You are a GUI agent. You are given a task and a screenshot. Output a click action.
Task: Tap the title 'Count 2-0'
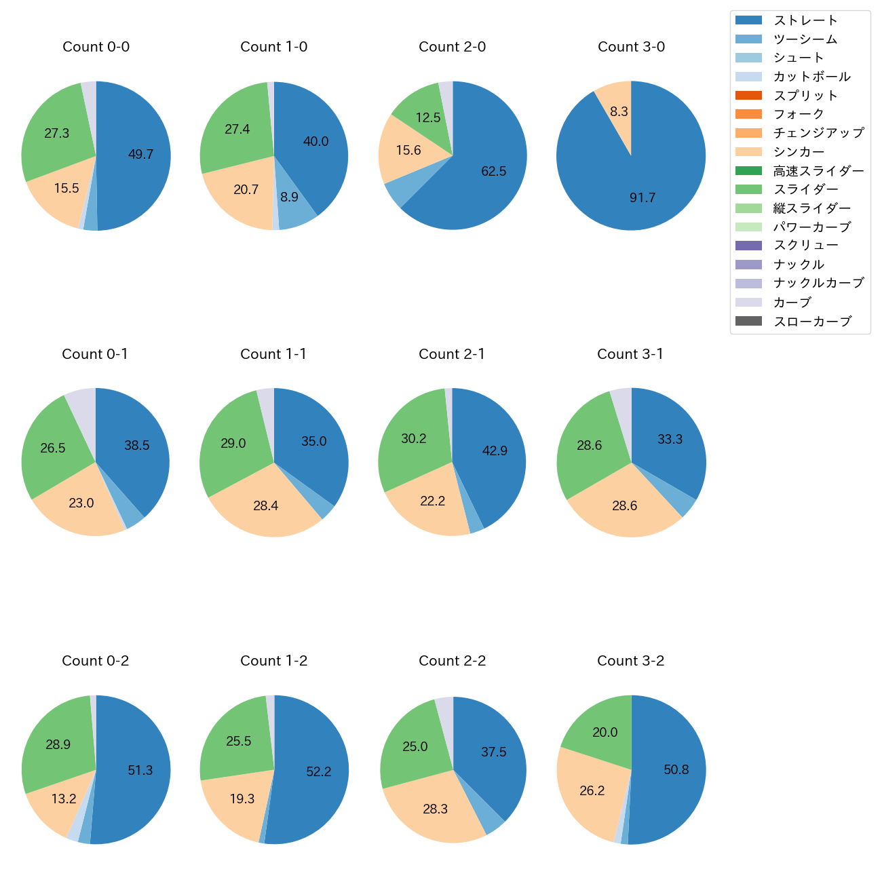coord(453,47)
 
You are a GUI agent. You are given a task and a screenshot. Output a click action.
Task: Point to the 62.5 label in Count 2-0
coord(494,172)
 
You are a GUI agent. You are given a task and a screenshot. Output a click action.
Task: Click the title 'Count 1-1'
coord(273,354)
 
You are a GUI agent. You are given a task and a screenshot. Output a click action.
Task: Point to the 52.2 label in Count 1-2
coord(319,772)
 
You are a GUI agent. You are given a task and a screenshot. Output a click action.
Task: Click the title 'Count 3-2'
coord(631,661)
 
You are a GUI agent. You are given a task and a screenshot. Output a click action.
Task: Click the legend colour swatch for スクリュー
coord(748,246)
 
